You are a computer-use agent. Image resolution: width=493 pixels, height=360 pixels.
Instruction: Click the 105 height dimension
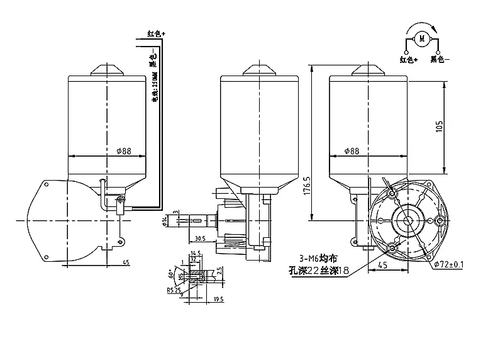(x=457, y=126)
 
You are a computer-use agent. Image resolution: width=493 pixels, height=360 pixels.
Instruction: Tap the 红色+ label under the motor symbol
(x=409, y=60)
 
